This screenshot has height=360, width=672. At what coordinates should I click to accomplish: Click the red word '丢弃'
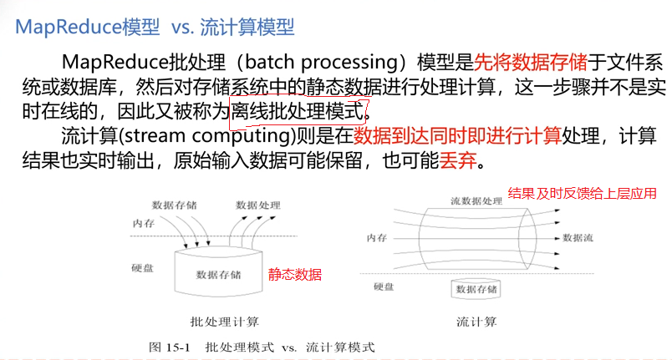[x=457, y=159]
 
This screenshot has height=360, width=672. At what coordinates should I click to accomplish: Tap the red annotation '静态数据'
[x=294, y=273]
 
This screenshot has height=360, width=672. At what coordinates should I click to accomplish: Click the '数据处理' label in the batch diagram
[x=257, y=205]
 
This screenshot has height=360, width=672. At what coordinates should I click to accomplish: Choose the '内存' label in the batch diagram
[x=143, y=223]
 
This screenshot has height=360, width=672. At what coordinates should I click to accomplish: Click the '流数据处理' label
[x=476, y=201]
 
